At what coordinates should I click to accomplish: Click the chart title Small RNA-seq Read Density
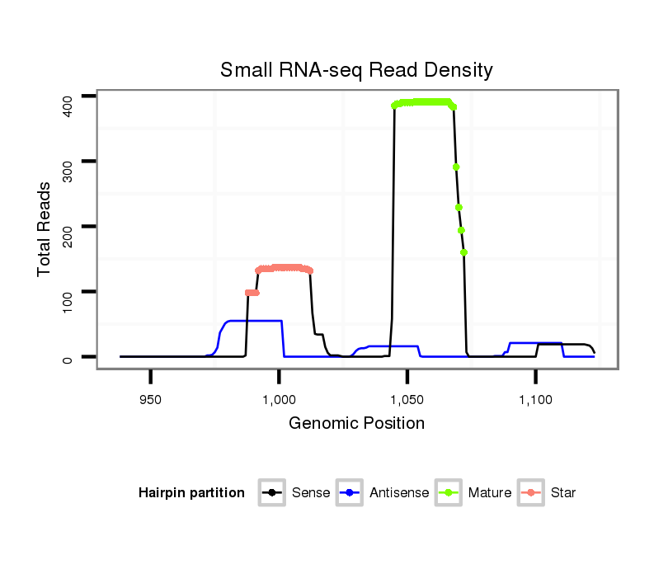[x=356, y=70]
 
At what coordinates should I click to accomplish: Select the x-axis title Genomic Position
[x=356, y=424]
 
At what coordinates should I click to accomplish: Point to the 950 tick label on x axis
[x=150, y=400]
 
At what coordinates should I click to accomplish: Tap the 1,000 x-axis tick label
[x=279, y=400]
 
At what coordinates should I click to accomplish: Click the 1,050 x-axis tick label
[x=407, y=400]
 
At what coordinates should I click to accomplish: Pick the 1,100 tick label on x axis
[x=535, y=400]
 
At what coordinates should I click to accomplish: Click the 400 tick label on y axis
[x=68, y=96]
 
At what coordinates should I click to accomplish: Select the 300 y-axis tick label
[x=68, y=162]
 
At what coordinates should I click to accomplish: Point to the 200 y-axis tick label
[x=68, y=227]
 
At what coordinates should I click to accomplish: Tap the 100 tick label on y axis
[x=68, y=292]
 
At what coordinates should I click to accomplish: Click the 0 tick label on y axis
[x=68, y=357]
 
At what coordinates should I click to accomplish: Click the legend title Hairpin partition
[x=191, y=493]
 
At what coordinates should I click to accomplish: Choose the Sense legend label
[x=311, y=493]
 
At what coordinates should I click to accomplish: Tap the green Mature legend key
[x=449, y=493]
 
